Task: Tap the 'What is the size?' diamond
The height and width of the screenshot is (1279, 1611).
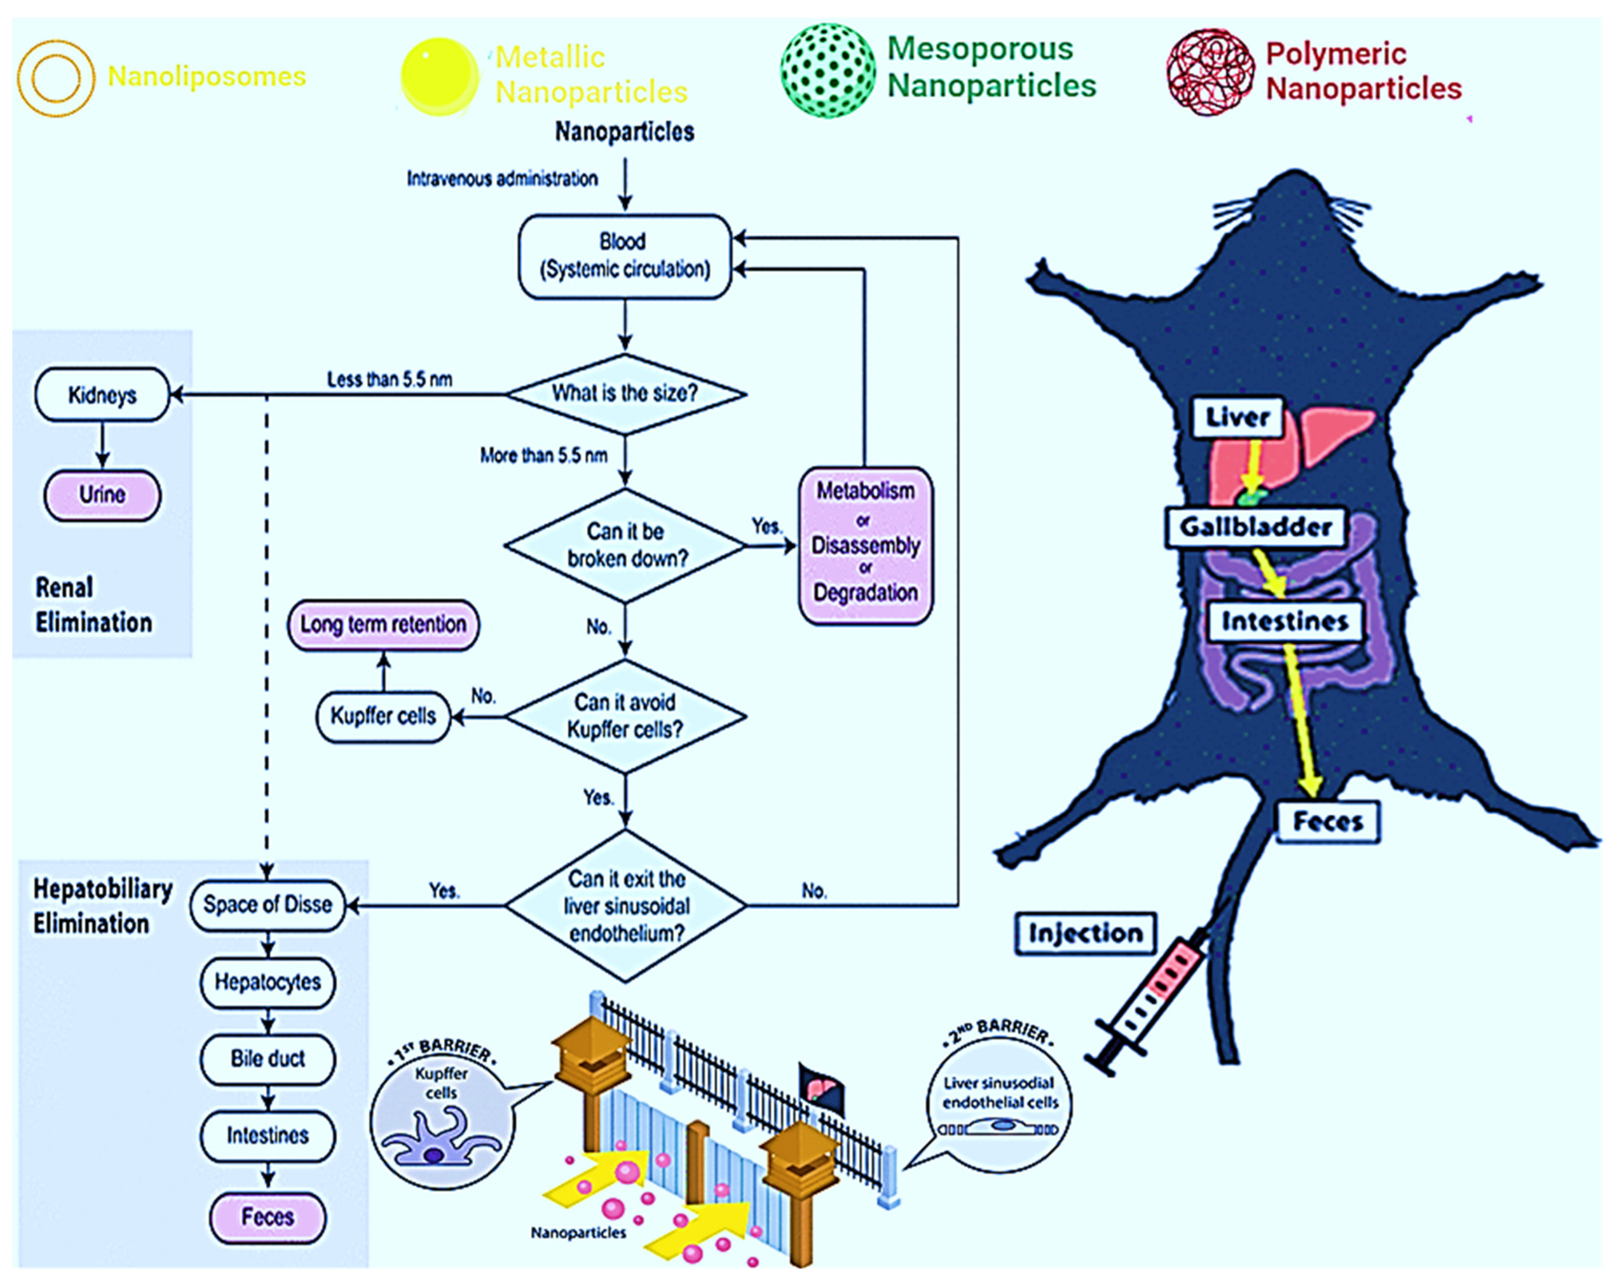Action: click(x=625, y=393)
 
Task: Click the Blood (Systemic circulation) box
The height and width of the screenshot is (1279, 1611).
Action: click(x=625, y=256)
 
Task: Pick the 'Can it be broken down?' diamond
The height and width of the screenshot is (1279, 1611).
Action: click(x=625, y=545)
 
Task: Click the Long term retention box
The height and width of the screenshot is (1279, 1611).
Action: click(x=383, y=624)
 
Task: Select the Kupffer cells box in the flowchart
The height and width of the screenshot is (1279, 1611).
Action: click(x=383, y=716)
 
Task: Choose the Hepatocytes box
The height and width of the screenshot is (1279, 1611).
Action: click(x=268, y=982)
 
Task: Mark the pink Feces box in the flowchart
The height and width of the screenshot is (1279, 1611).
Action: click(x=268, y=1217)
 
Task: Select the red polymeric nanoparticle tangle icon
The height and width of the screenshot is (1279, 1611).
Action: click(x=1210, y=73)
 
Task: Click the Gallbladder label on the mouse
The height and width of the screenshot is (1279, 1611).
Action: click(x=1255, y=527)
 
